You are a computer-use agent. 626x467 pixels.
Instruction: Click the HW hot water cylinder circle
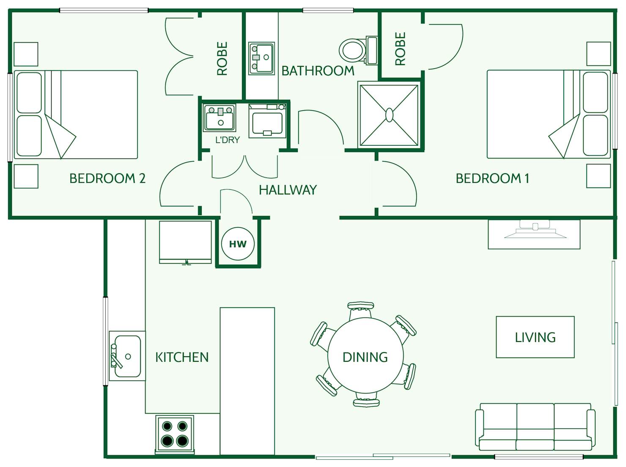(238, 244)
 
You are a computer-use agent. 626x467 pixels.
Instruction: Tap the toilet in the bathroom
(354, 50)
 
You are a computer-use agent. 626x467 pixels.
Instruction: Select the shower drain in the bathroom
(389, 115)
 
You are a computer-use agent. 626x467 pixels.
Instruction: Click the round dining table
(365, 356)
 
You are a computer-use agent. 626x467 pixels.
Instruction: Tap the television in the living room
(535, 232)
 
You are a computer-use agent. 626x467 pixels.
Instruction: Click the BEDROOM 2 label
(107, 178)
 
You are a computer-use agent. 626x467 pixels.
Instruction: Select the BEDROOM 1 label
(492, 178)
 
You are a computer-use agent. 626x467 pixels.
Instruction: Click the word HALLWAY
(288, 190)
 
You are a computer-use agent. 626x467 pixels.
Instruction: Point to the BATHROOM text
(318, 71)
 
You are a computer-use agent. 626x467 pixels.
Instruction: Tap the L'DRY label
(227, 140)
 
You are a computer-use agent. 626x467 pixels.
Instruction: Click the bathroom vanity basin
(261, 58)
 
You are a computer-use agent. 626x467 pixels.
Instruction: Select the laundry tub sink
(219, 118)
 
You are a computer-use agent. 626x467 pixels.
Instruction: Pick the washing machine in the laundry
(267, 121)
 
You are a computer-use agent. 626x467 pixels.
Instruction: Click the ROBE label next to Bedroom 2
(222, 58)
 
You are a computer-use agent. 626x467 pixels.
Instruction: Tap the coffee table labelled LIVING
(535, 337)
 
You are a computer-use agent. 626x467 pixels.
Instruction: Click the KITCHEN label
(182, 357)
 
